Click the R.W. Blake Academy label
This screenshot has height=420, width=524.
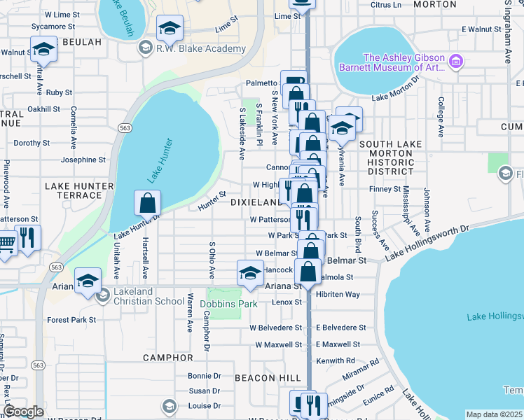tap(201, 49)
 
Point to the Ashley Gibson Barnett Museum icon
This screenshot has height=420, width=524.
tap(456, 62)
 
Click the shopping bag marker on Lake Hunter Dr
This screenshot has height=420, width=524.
tap(148, 204)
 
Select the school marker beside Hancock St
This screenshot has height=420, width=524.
tap(250, 273)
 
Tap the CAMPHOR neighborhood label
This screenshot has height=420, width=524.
tap(167, 357)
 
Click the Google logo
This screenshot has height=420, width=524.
tap(23, 411)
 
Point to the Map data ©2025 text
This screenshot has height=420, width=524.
tap(494, 414)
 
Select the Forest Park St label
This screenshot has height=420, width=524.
tap(71, 320)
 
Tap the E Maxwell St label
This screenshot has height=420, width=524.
tap(338, 344)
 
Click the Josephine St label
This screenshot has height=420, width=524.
tap(83, 160)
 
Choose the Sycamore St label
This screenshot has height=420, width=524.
tap(53, 27)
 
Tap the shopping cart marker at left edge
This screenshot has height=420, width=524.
tap(5, 244)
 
